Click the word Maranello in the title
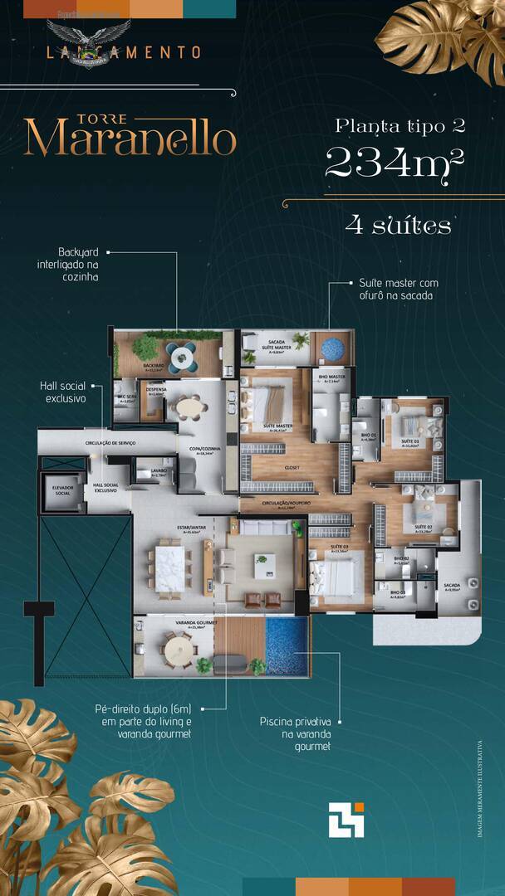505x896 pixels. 130,139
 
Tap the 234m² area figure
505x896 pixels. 393,163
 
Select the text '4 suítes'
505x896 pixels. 398,225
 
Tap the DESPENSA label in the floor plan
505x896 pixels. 155,391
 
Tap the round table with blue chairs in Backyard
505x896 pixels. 182,357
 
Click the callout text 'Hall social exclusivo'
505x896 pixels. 66,392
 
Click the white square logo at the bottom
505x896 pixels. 346,821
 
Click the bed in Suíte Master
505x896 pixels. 267,403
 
